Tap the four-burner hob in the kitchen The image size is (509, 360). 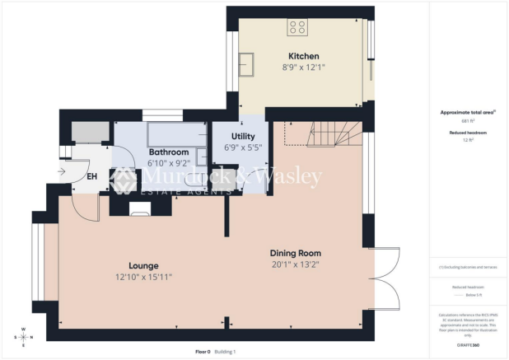(297, 29)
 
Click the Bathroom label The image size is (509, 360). (168, 152)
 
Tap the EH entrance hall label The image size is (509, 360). (93, 175)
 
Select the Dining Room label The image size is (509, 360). (296, 253)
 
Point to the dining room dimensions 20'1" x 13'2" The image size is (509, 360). (296, 264)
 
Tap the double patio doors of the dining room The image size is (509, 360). (384, 276)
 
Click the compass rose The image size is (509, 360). (23, 337)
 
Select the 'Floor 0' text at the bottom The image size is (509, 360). (203, 352)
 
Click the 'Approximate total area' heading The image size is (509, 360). (467, 112)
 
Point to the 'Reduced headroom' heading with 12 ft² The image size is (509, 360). (467, 132)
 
